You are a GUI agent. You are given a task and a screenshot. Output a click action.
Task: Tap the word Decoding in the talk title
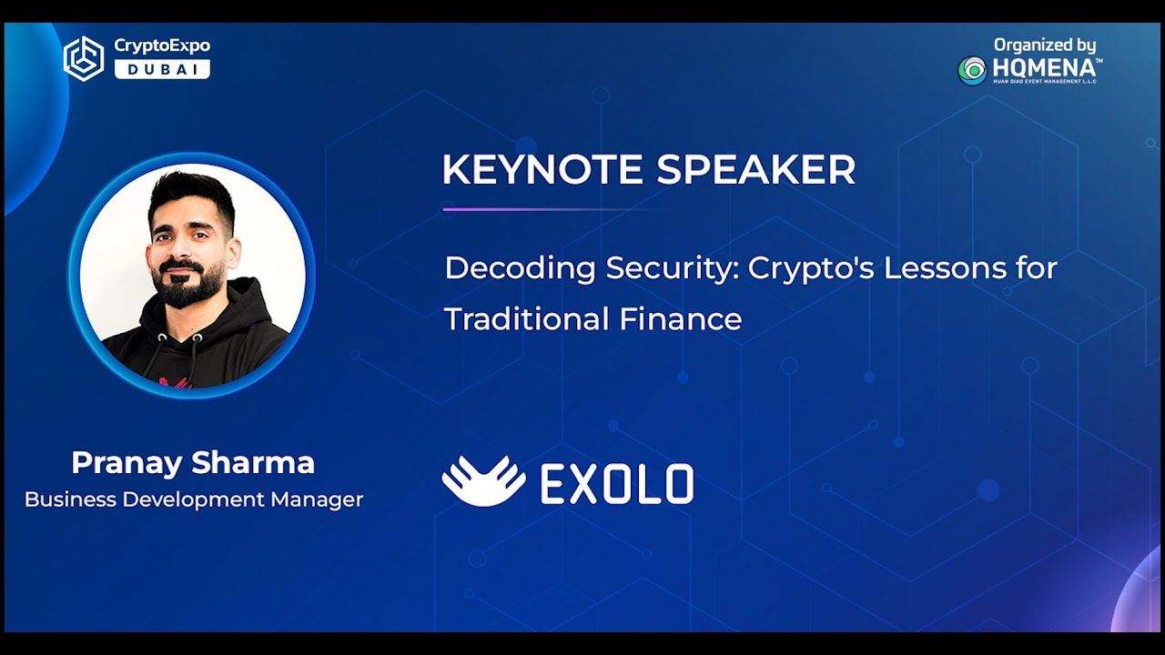(x=521, y=268)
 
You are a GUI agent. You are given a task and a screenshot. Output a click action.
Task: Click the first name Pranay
(x=127, y=463)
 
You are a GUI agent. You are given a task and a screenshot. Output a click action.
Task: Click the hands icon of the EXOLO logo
(x=483, y=481)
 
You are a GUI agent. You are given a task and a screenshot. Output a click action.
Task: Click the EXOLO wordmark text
(x=617, y=484)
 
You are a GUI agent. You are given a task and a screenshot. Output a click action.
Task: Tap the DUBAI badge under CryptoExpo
(x=162, y=69)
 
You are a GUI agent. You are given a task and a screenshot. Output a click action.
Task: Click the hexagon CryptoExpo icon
(x=84, y=58)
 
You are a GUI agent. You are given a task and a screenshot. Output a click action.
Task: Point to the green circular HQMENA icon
(x=972, y=70)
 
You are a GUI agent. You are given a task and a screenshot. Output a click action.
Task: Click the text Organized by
(x=1044, y=45)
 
